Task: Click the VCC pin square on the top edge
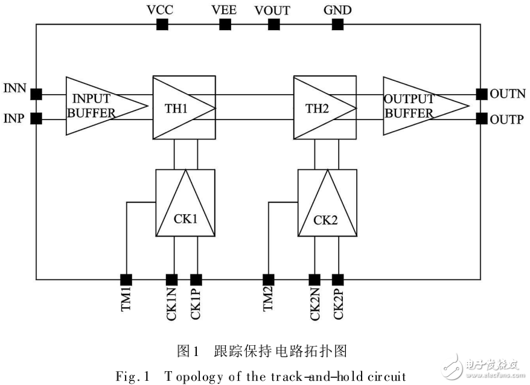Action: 162,24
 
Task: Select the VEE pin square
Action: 225,24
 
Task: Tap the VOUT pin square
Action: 273,24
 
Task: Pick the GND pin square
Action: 337,24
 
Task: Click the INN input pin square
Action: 36,94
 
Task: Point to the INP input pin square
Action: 36,118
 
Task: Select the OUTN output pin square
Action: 481,94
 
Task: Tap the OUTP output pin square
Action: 481,118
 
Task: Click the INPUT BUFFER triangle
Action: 100,106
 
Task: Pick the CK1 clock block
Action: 185,203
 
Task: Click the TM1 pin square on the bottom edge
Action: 126,279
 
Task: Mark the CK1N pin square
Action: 172,279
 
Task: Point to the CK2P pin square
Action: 337,279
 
